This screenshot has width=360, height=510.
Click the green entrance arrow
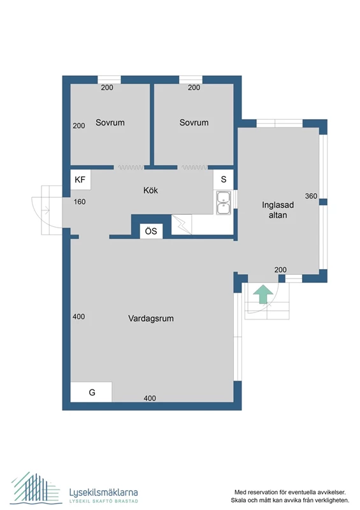point(263,295)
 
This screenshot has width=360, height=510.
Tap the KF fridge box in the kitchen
point(80,180)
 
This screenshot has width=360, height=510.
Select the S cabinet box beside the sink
point(224,179)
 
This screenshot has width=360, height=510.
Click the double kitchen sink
point(224,203)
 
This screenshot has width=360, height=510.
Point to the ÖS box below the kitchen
point(151,231)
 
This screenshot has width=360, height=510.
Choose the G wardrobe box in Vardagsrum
point(91,392)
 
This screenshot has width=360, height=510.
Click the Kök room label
point(150,190)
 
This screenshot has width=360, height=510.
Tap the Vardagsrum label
point(151,318)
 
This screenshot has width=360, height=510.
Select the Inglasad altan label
point(278,210)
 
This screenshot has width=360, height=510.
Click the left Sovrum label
point(110,122)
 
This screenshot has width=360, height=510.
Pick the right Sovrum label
point(194,122)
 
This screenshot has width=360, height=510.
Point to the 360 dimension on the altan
point(311,196)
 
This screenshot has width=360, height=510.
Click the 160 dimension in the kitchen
point(80,201)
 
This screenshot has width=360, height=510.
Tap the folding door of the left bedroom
point(130,168)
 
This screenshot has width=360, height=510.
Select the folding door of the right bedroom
point(194,168)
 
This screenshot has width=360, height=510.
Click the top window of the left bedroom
point(109,80)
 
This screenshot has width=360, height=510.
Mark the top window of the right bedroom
point(191,80)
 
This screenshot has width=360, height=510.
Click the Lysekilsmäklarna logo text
point(103,492)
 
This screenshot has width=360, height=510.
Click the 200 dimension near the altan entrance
point(280,270)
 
